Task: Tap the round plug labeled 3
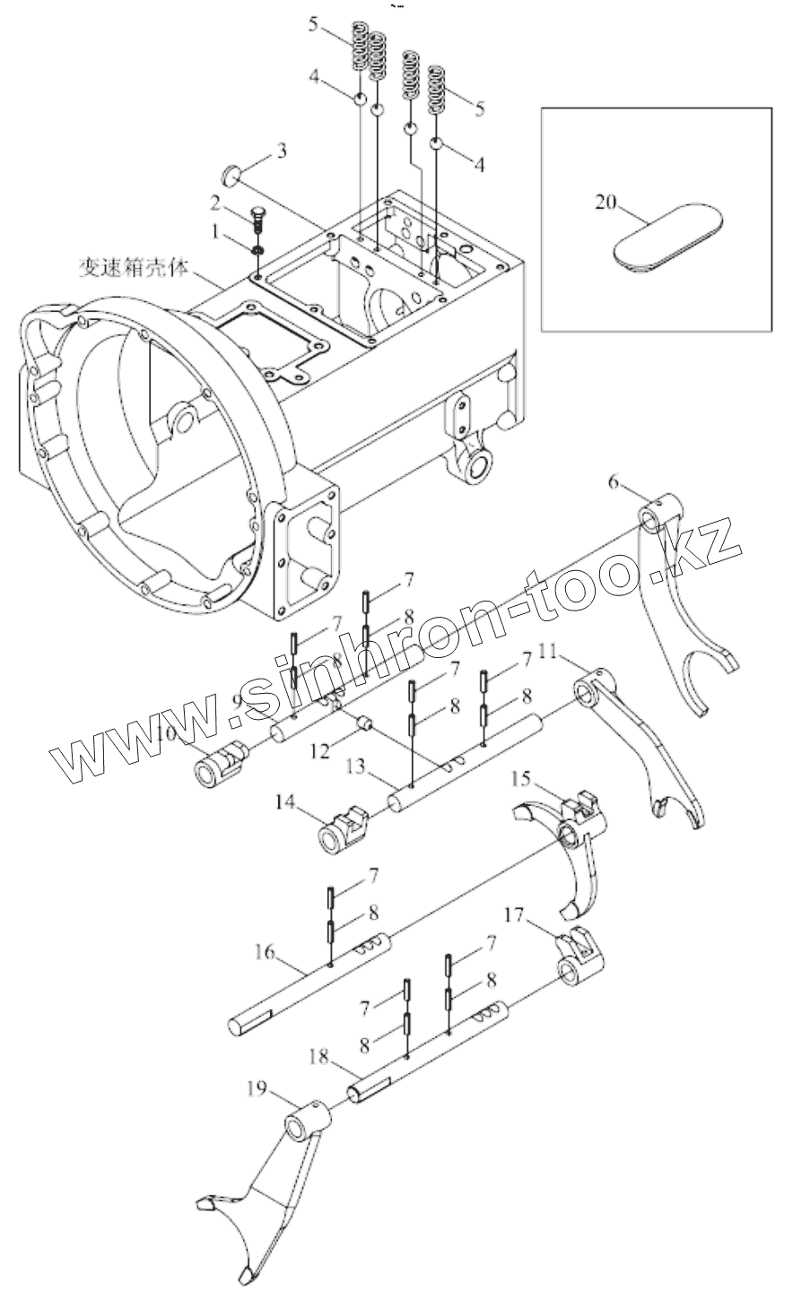(x=229, y=173)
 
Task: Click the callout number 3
(x=281, y=151)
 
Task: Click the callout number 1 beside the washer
(x=215, y=230)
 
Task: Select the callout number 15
(x=522, y=775)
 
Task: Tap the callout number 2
(x=215, y=201)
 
